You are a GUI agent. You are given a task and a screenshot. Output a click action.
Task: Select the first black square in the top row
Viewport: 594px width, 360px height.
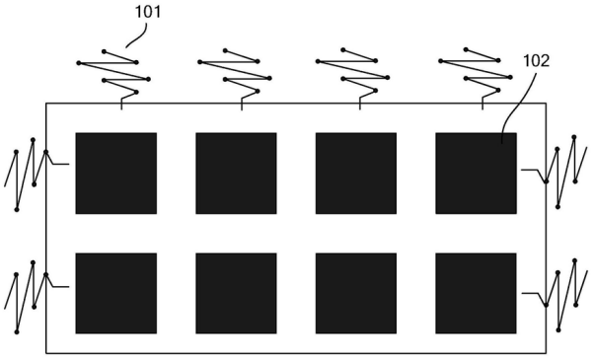click(x=115, y=173)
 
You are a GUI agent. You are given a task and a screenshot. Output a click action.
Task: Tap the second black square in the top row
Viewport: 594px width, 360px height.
click(x=236, y=173)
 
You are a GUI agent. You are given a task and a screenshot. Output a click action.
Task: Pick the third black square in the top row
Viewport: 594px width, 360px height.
click(x=355, y=173)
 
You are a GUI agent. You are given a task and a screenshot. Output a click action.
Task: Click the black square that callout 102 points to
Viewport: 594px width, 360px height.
click(x=476, y=173)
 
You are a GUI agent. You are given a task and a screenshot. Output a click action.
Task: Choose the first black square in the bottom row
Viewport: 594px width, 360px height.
click(x=115, y=293)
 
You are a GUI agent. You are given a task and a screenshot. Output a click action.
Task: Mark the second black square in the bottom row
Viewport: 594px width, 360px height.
click(x=236, y=293)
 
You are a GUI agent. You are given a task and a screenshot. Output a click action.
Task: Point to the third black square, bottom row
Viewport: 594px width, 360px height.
click(x=355, y=293)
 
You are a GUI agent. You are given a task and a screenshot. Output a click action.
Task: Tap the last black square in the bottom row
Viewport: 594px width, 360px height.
click(x=476, y=293)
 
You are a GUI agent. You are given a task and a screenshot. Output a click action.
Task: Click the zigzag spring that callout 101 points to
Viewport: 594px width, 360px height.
click(x=113, y=72)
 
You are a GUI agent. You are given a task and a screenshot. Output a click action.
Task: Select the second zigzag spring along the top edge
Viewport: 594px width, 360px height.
click(x=234, y=72)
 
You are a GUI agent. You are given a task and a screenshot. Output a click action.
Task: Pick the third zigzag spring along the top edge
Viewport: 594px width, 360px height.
click(x=352, y=72)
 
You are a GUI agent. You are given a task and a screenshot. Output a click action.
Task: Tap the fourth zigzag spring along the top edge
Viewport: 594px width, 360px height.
click(x=475, y=72)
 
